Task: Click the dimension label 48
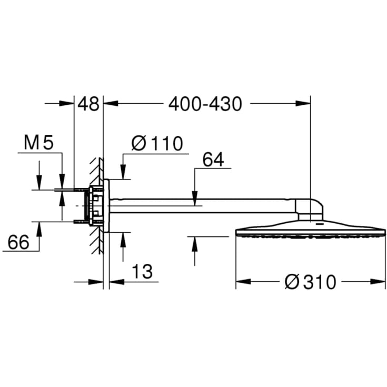click(x=88, y=104)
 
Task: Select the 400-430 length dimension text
click(x=205, y=104)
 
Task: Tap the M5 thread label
click(x=39, y=143)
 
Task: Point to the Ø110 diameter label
click(x=157, y=143)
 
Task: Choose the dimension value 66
click(x=18, y=242)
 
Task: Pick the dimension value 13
click(x=141, y=272)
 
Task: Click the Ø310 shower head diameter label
click(x=310, y=282)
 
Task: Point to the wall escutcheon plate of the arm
click(x=107, y=205)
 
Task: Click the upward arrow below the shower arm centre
click(x=195, y=242)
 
